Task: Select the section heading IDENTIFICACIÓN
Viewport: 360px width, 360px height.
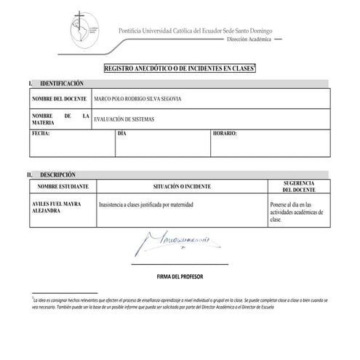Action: tap(63, 85)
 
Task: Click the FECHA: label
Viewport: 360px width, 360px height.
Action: tap(41, 135)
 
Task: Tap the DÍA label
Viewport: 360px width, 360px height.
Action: tap(121, 135)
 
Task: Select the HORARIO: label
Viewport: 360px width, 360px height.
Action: tap(225, 135)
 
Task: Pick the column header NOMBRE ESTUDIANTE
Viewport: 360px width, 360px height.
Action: tap(62, 187)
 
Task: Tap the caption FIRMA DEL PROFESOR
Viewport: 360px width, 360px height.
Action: tap(180, 278)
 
